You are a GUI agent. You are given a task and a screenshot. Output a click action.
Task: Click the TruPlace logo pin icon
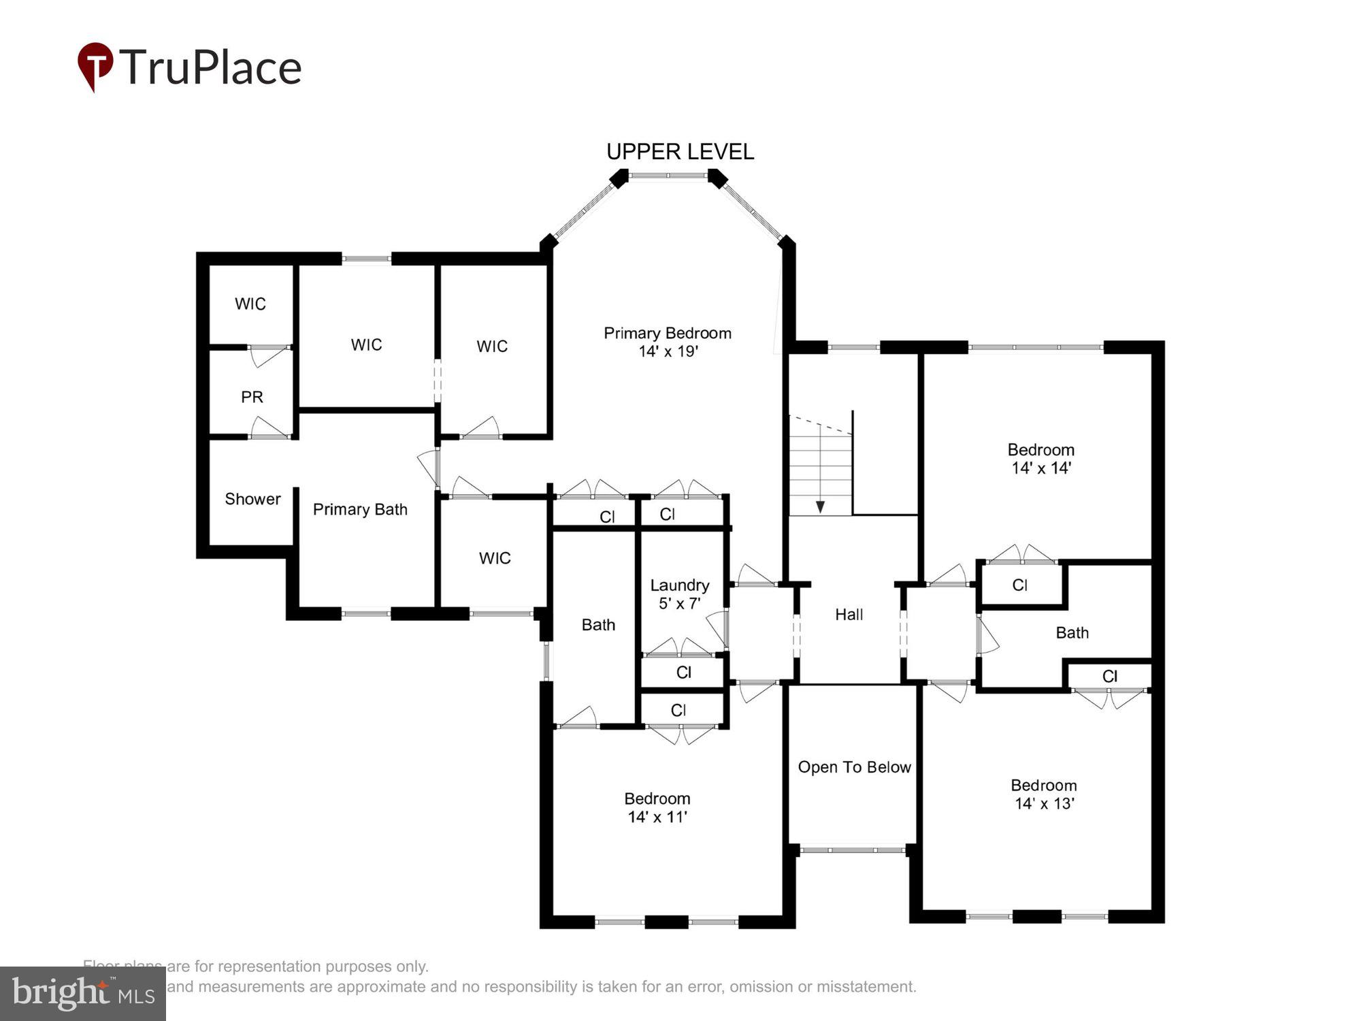(95, 65)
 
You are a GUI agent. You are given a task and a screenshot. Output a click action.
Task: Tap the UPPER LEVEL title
(680, 151)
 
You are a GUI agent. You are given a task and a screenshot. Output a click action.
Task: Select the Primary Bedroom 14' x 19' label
(668, 342)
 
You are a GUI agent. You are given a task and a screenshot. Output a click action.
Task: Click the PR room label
(252, 397)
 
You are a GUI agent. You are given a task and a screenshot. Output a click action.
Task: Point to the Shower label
(252, 499)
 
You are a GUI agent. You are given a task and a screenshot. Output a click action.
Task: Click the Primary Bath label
(360, 509)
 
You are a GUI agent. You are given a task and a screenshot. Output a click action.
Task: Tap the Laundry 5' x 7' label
(679, 594)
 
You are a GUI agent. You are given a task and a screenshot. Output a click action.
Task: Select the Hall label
(849, 614)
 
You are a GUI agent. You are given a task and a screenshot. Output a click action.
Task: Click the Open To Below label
(854, 767)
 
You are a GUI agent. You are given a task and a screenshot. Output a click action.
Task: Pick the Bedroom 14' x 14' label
(1040, 458)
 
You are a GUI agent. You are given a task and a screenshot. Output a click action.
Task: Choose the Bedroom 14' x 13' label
(1043, 794)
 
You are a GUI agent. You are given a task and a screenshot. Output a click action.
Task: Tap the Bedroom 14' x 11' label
(657, 807)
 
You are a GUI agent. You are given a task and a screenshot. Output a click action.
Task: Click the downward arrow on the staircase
(820, 506)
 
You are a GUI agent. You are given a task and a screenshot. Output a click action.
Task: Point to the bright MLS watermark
(83, 993)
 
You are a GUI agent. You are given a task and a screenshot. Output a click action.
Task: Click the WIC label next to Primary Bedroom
(491, 346)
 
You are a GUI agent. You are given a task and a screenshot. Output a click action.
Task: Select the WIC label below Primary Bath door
(494, 558)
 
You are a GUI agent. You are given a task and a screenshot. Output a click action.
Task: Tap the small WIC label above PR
(250, 304)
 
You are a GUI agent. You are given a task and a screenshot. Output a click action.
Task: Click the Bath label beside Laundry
(598, 624)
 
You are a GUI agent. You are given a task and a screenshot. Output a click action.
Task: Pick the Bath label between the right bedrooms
(1072, 632)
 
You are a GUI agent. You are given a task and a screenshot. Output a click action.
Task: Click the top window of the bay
(668, 176)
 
